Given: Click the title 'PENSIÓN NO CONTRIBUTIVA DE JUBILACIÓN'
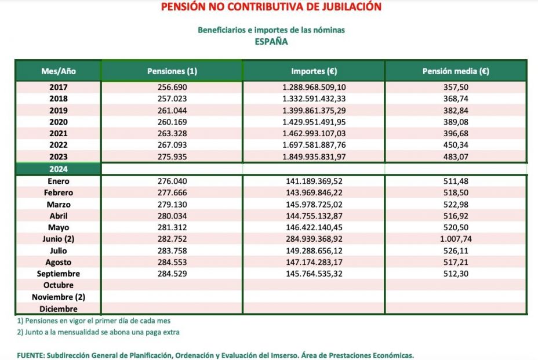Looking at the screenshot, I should click(x=271, y=7).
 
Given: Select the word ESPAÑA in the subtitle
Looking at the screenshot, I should click(x=271, y=41).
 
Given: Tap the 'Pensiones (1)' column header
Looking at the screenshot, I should click(x=172, y=71).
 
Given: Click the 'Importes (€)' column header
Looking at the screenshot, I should click(x=314, y=71).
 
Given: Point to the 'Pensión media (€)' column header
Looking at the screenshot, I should click(x=456, y=71).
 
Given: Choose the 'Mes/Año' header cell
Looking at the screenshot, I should click(x=58, y=71).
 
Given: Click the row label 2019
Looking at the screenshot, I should click(x=58, y=110).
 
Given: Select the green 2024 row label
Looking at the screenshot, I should click(x=58, y=169).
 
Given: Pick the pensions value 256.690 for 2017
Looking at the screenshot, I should click(x=172, y=87).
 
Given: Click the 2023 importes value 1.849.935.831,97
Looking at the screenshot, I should click(x=314, y=157).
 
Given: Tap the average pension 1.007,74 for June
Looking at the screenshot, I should click(x=456, y=239).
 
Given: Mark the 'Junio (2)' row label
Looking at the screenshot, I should click(x=58, y=239).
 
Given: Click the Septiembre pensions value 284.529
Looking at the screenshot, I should click(x=172, y=274).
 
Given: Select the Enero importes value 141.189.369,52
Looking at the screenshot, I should click(x=314, y=181).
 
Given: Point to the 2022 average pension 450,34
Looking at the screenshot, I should click(x=456, y=146).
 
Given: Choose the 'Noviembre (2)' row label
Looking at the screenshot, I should click(x=58, y=297).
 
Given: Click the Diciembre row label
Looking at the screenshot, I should click(x=58, y=308).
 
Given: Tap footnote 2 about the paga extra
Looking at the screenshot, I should click(x=98, y=332).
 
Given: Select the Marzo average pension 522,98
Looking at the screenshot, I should click(x=456, y=204).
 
